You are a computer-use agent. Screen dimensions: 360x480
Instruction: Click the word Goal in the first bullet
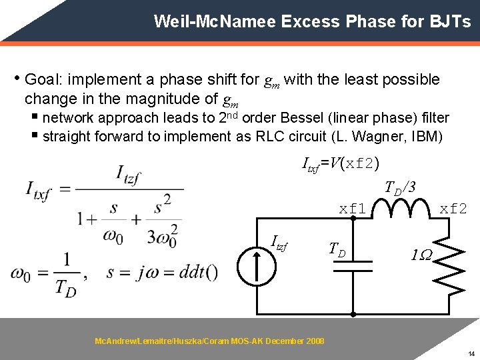[x=40, y=80]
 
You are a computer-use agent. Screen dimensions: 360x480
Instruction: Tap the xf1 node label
[x=353, y=209]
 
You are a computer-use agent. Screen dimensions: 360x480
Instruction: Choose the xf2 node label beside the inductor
[x=453, y=209]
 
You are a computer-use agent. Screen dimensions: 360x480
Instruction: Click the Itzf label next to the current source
[x=281, y=243]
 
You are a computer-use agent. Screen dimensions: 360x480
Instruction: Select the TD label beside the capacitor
[x=337, y=250]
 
